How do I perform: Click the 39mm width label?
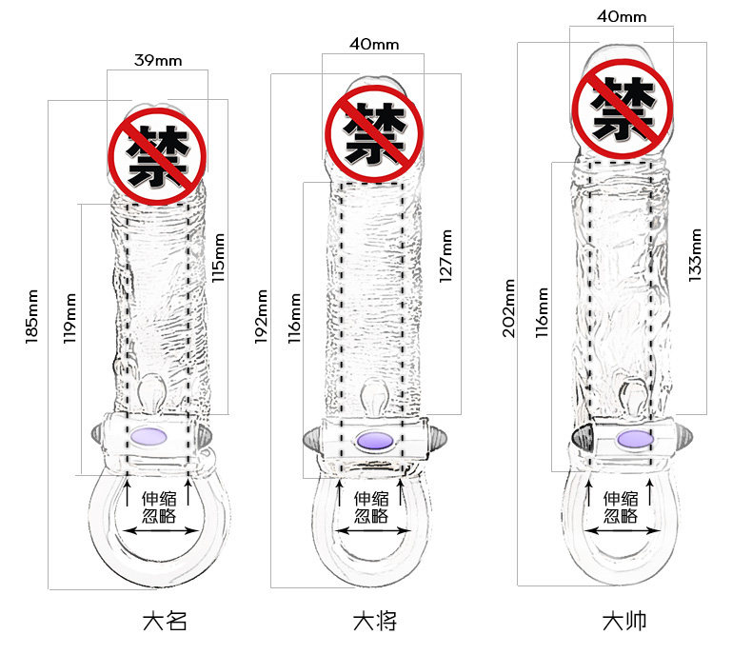(x=157, y=60)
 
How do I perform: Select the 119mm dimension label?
(x=69, y=317)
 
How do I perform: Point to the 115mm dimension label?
(x=218, y=258)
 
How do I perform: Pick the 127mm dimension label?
(x=445, y=253)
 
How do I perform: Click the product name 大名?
(x=164, y=622)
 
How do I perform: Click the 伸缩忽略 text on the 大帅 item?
(x=620, y=506)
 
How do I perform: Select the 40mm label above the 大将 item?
(x=373, y=43)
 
